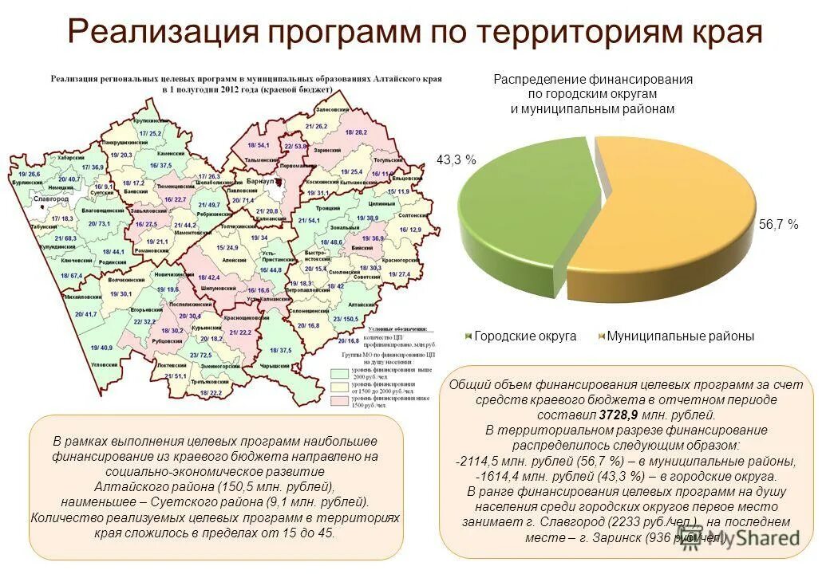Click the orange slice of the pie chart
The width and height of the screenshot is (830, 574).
pos(678,231)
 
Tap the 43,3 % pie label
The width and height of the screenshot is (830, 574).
pos(456,160)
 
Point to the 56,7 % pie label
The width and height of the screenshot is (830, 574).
pos(778,226)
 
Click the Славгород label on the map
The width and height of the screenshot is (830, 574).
pos(53,199)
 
